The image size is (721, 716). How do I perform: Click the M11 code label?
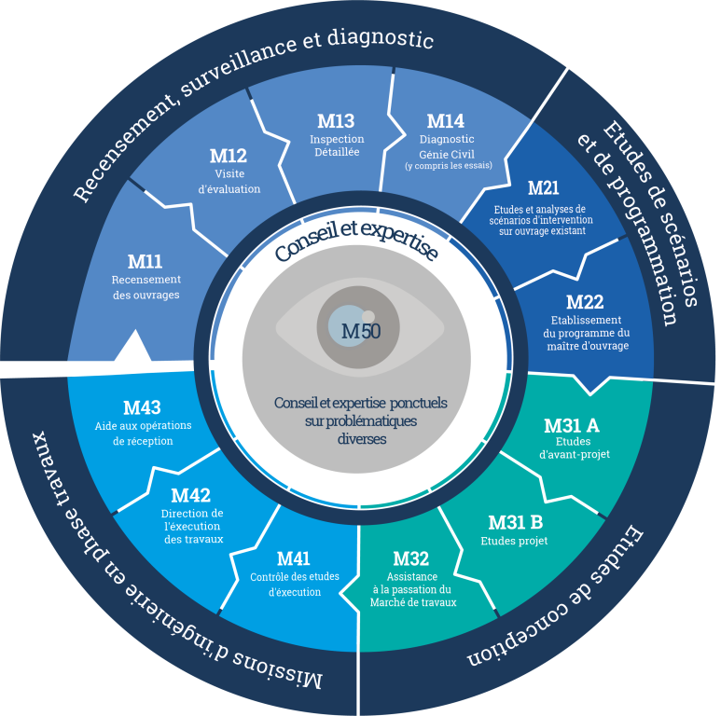pyautogui.click(x=145, y=262)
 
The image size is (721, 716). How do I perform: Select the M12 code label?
pyautogui.click(x=228, y=156)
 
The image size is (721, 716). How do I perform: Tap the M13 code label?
pyautogui.click(x=336, y=121)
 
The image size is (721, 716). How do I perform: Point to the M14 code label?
pyautogui.click(x=445, y=121)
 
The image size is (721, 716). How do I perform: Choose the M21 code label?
pyautogui.click(x=543, y=188)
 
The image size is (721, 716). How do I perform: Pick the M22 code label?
pyautogui.click(x=585, y=302)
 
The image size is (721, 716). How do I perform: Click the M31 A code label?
pyautogui.click(x=572, y=426)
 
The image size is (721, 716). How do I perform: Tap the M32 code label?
pyautogui.click(x=411, y=558)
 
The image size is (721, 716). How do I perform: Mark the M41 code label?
pyautogui.click(x=294, y=558)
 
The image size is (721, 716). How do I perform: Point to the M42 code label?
pyautogui.click(x=191, y=496)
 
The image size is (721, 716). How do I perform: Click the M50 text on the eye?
pyautogui.click(x=360, y=331)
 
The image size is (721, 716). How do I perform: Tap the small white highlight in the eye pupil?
pyautogui.click(x=367, y=316)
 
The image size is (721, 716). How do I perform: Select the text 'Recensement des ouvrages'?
pyautogui.click(x=146, y=287)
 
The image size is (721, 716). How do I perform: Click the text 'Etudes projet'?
pyautogui.click(x=514, y=541)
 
